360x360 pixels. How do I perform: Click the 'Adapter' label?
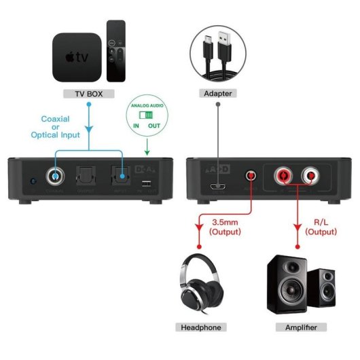217,93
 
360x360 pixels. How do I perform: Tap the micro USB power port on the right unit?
217,186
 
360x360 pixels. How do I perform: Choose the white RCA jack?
312,177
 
